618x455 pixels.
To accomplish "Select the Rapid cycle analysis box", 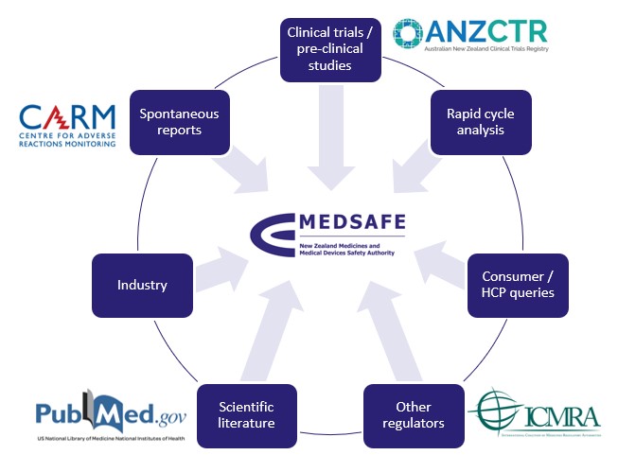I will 480,122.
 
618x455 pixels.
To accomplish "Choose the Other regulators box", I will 415,414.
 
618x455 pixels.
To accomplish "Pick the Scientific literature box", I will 245,414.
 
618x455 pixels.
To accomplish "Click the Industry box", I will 142,285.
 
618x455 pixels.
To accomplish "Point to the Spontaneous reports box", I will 179,122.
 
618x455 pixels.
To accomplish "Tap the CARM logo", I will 67,128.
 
